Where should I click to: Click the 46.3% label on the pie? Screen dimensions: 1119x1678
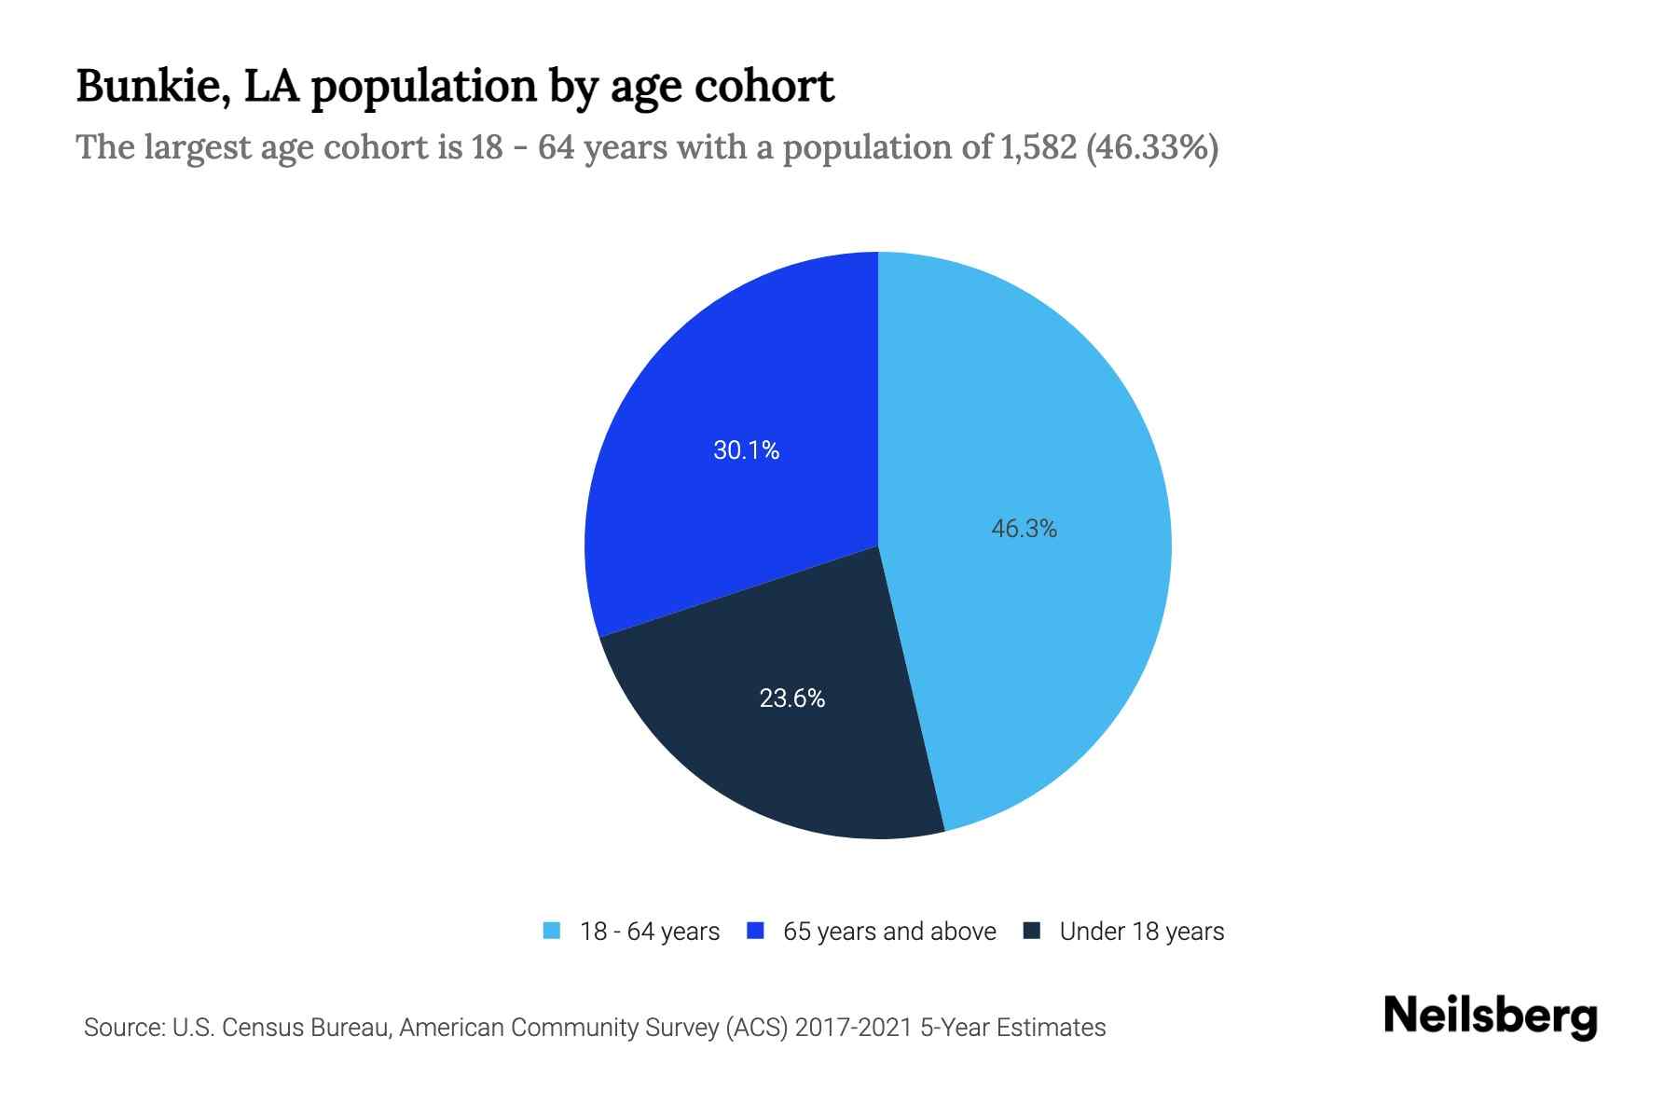[x=1024, y=529]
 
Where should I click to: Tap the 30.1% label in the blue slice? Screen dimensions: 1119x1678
[x=746, y=450]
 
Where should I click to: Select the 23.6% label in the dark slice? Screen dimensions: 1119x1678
[x=791, y=698]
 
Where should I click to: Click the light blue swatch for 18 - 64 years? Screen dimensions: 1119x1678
[x=552, y=931]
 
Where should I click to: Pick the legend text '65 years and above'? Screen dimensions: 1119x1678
[x=889, y=932]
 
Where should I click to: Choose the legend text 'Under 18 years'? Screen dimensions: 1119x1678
[x=1141, y=932]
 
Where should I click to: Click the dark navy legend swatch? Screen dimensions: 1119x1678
[x=1032, y=931]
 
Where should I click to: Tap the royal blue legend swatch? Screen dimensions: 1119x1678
[x=756, y=931]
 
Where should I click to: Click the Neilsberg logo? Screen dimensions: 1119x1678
[x=1490, y=1016]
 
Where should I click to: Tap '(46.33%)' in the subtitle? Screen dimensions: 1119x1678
[x=1152, y=147]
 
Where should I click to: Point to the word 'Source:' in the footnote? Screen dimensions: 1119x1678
[x=124, y=1028]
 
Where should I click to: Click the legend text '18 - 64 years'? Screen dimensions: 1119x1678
[x=649, y=932]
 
